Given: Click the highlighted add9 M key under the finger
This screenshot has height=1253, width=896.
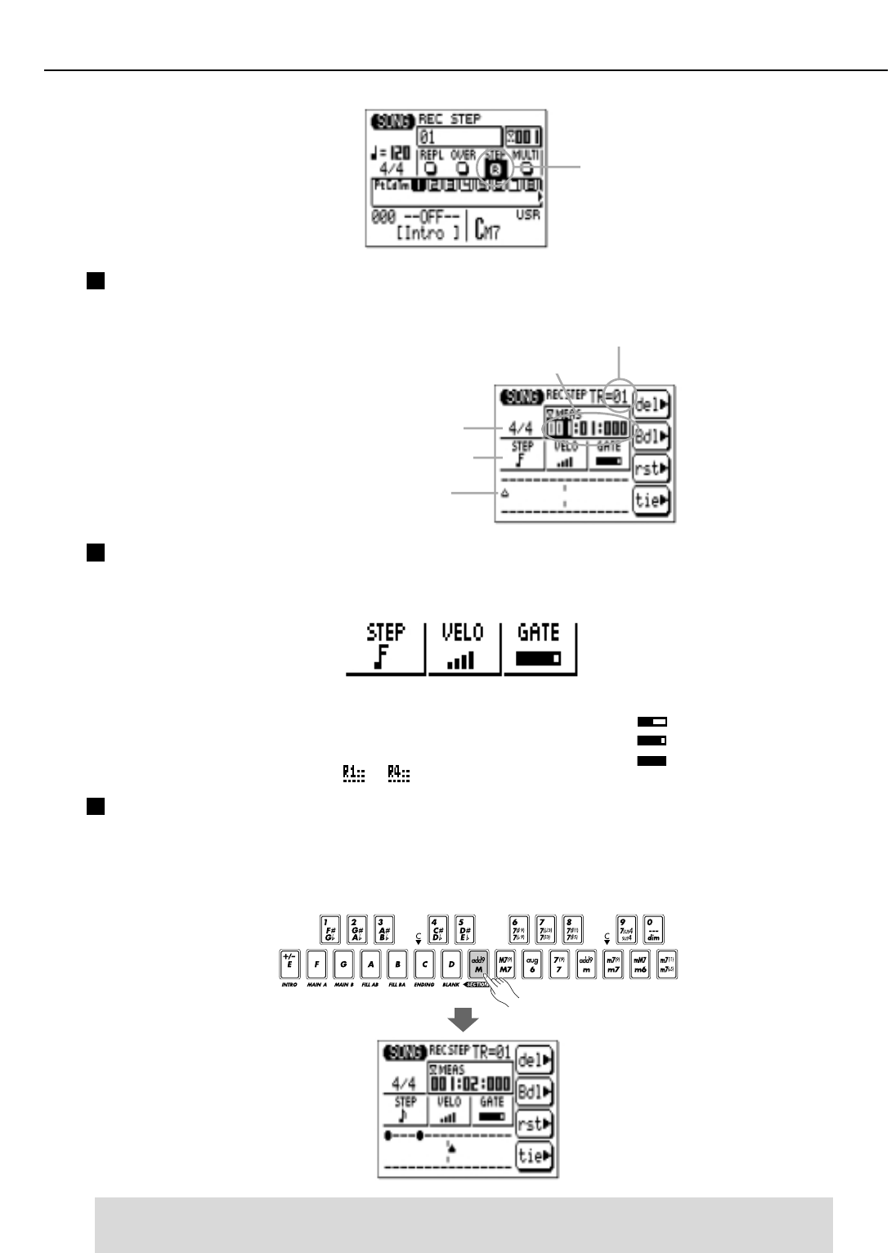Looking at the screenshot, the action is click(x=478, y=964).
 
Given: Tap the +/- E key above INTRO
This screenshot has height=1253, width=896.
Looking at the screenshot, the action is click(x=289, y=964).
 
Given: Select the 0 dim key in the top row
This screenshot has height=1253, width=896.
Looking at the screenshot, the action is click(x=653, y=929).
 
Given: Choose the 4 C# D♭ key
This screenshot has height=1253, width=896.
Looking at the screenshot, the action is click(x=438, y=929).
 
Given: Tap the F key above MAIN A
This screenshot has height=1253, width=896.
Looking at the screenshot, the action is click(x=316, y=964).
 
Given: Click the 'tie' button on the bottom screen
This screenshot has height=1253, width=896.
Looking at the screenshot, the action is click(x=535, y=1156).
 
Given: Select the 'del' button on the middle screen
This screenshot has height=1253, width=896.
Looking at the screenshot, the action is click(x=652, y=405).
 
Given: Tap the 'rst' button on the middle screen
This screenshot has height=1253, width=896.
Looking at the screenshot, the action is click(x=652, y=468).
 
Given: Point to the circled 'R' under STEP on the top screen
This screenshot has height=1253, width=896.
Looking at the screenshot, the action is click(x=495, y=169).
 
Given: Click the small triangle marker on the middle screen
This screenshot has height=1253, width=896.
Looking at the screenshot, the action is click(x=505, y=493).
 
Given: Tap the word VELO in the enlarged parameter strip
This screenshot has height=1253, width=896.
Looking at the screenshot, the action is click(x=463, y=633).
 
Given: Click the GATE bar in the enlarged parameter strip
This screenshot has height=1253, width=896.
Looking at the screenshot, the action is click(x=539, y=658).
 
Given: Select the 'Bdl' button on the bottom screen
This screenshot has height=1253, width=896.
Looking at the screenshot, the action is click(x=535, y=1092).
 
